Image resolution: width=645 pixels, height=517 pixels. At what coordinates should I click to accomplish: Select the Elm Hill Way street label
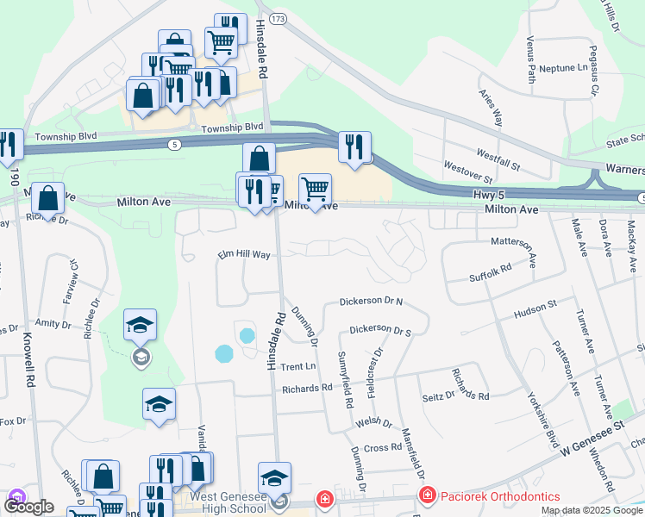pyautogui.click(x=244, y=255)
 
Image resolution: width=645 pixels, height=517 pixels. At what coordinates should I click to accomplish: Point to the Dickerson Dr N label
pyautogui.click(x=371, y=302)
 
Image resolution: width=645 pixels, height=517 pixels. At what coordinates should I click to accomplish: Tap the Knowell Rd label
pyautogui.click(x=29, y=358)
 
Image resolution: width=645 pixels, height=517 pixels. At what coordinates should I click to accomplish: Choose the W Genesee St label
pyautogui.click(x=591, y=439)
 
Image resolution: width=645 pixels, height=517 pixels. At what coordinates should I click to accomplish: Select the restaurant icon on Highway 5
pyautogui.click(x=354, y=146)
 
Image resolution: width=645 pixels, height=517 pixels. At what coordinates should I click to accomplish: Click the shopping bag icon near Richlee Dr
pyautogui.click(x=48, y=197)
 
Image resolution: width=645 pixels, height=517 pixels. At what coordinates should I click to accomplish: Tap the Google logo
pyautogui.click(x=28, y=508)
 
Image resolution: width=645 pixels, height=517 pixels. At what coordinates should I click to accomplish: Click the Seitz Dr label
pyautogui.click(x=439, y=395)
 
